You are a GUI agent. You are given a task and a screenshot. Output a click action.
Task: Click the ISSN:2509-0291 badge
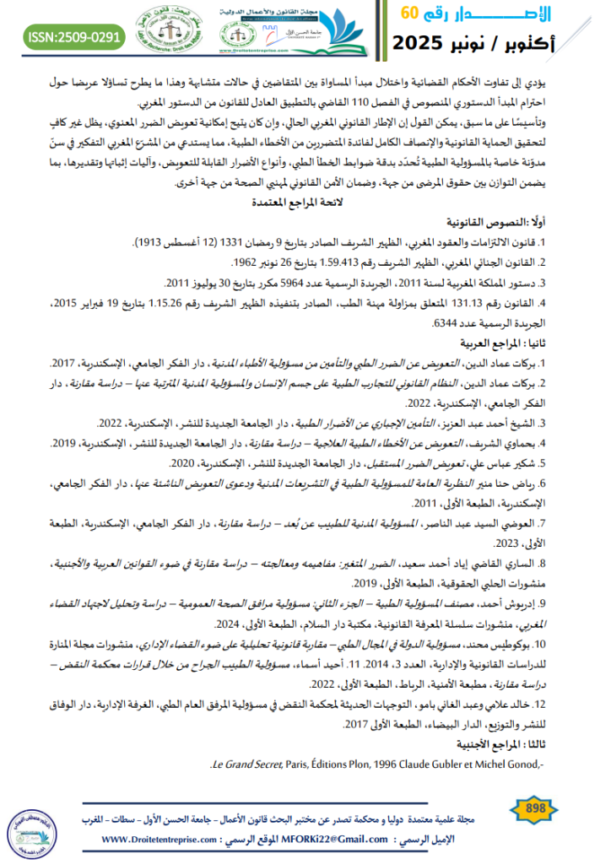pos(74,36)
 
